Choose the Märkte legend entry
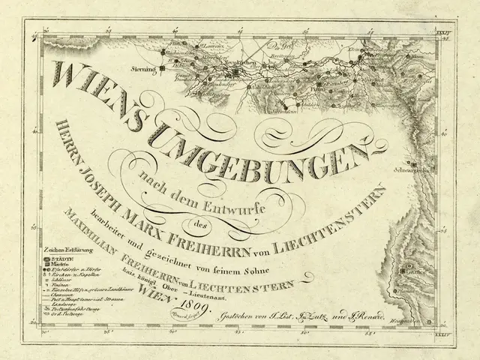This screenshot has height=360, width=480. [38, 263]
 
